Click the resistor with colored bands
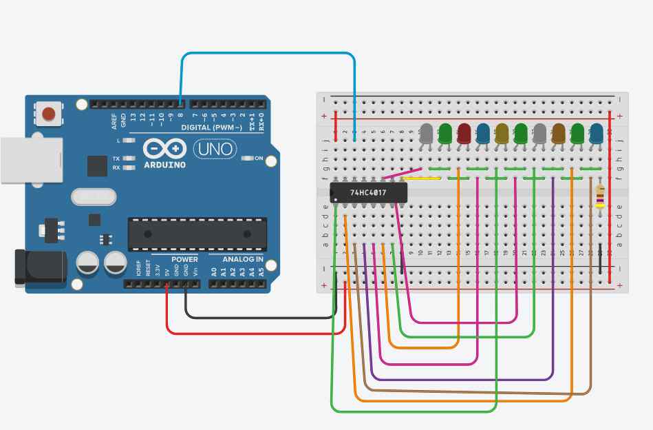pos(600,196)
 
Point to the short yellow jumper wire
pos(421,178)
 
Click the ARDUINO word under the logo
pos(164,165)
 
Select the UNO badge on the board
pos(215,148)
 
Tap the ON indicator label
pos(259,158)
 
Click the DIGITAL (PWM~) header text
pos(211,128)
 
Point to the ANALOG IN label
pos(242,259)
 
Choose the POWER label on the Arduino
pos(184,259)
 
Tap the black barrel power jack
pos(38,267)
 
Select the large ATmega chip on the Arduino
pos(197,234)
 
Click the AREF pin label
pos(115,121)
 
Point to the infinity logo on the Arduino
pos(164,148)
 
